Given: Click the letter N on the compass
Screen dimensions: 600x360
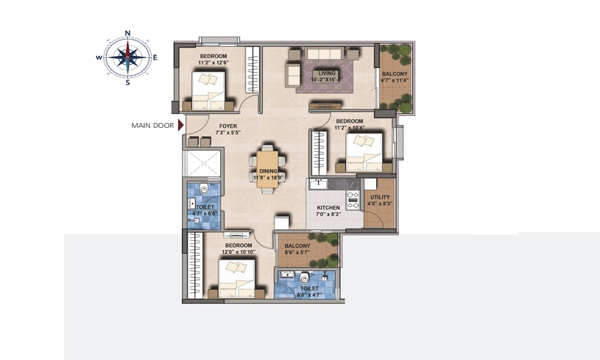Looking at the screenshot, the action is tap(128, 33).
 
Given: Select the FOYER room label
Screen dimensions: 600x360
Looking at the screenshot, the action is tap(228, 126).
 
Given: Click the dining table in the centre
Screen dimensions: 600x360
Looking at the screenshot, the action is tap(268, 169).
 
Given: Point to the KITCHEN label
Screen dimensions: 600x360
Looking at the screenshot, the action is tap(328, 208).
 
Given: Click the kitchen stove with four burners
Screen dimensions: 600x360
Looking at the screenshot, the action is tap(353, 200).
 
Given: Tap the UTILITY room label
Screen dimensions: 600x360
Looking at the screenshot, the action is tap(380, 197).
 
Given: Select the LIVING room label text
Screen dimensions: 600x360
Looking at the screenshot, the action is tap(327, 73).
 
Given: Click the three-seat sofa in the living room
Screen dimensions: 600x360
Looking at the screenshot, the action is tap(324, 53).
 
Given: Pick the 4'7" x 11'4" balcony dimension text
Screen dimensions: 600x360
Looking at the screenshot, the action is tap(395, 80).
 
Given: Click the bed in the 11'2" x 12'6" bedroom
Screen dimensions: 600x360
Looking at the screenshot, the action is tap(208, 91).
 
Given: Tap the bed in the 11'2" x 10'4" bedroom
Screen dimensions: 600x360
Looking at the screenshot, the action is tap(364, 152).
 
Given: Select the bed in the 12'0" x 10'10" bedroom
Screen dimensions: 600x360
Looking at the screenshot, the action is tap(236, 279).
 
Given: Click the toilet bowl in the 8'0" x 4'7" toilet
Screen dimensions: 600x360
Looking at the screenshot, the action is tap(304, 277).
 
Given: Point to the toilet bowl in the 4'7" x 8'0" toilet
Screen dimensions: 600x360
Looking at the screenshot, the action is tap(204, 188).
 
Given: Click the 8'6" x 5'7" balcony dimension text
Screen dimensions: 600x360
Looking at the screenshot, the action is tap(298, 253).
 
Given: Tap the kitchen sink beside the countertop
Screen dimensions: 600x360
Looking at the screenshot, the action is tap(319, 184).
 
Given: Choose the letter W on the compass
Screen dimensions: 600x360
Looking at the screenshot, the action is tap(99, 58).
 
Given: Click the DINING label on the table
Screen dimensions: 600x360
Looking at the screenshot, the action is tap(268, 171).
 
